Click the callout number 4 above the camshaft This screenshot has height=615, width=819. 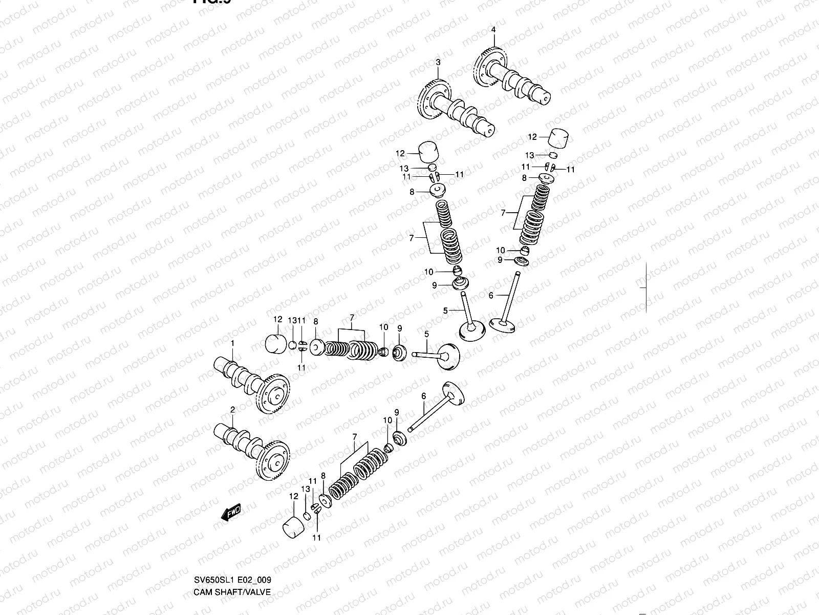[x=493, y=30]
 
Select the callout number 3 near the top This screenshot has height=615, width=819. [x=438, y=63]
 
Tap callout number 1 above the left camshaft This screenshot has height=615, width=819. [x=232, y=342]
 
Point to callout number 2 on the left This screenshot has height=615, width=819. [x=232, y=409]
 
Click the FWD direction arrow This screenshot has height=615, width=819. [x=231, y=512]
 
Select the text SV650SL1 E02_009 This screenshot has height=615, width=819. [x=232, y=580]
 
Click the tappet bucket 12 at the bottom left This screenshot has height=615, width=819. [x=294, y=528]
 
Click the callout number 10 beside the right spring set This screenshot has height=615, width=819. [x=500, y=250]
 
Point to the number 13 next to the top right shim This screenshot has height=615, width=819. [x=529, y=155]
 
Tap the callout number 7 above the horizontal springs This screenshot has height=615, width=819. [x=352, y=318]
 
